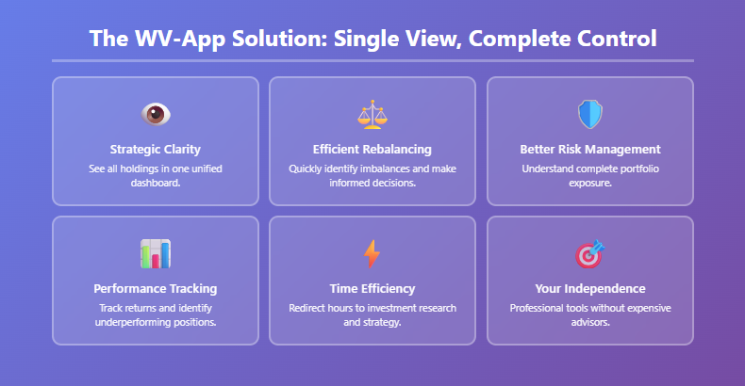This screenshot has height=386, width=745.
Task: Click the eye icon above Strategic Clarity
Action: [x=155, y=114]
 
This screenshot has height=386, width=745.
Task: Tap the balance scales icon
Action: [x=372, y=114]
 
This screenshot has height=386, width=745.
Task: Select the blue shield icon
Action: [x=589, y=114]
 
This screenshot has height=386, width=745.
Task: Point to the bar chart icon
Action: [x=155, y=253]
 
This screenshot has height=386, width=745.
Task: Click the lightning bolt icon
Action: [x=372, y=253]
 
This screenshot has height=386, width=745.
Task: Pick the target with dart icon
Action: [x=589, y=253]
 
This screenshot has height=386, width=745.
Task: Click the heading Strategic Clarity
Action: [x=155, y=149]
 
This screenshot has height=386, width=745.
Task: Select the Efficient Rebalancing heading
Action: [x=372, y=149]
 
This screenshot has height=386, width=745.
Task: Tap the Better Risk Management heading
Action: [x=589, y=149]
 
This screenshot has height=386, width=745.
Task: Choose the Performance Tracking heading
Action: [x=155, y=288]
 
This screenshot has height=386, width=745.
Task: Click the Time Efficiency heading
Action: [x=372, y=288]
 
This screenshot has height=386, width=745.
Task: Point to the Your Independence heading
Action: [x=589, y=288]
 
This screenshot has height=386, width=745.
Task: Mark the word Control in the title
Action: [x=611, y=40]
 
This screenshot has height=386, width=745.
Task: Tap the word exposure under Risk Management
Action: [x=589, y=183]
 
